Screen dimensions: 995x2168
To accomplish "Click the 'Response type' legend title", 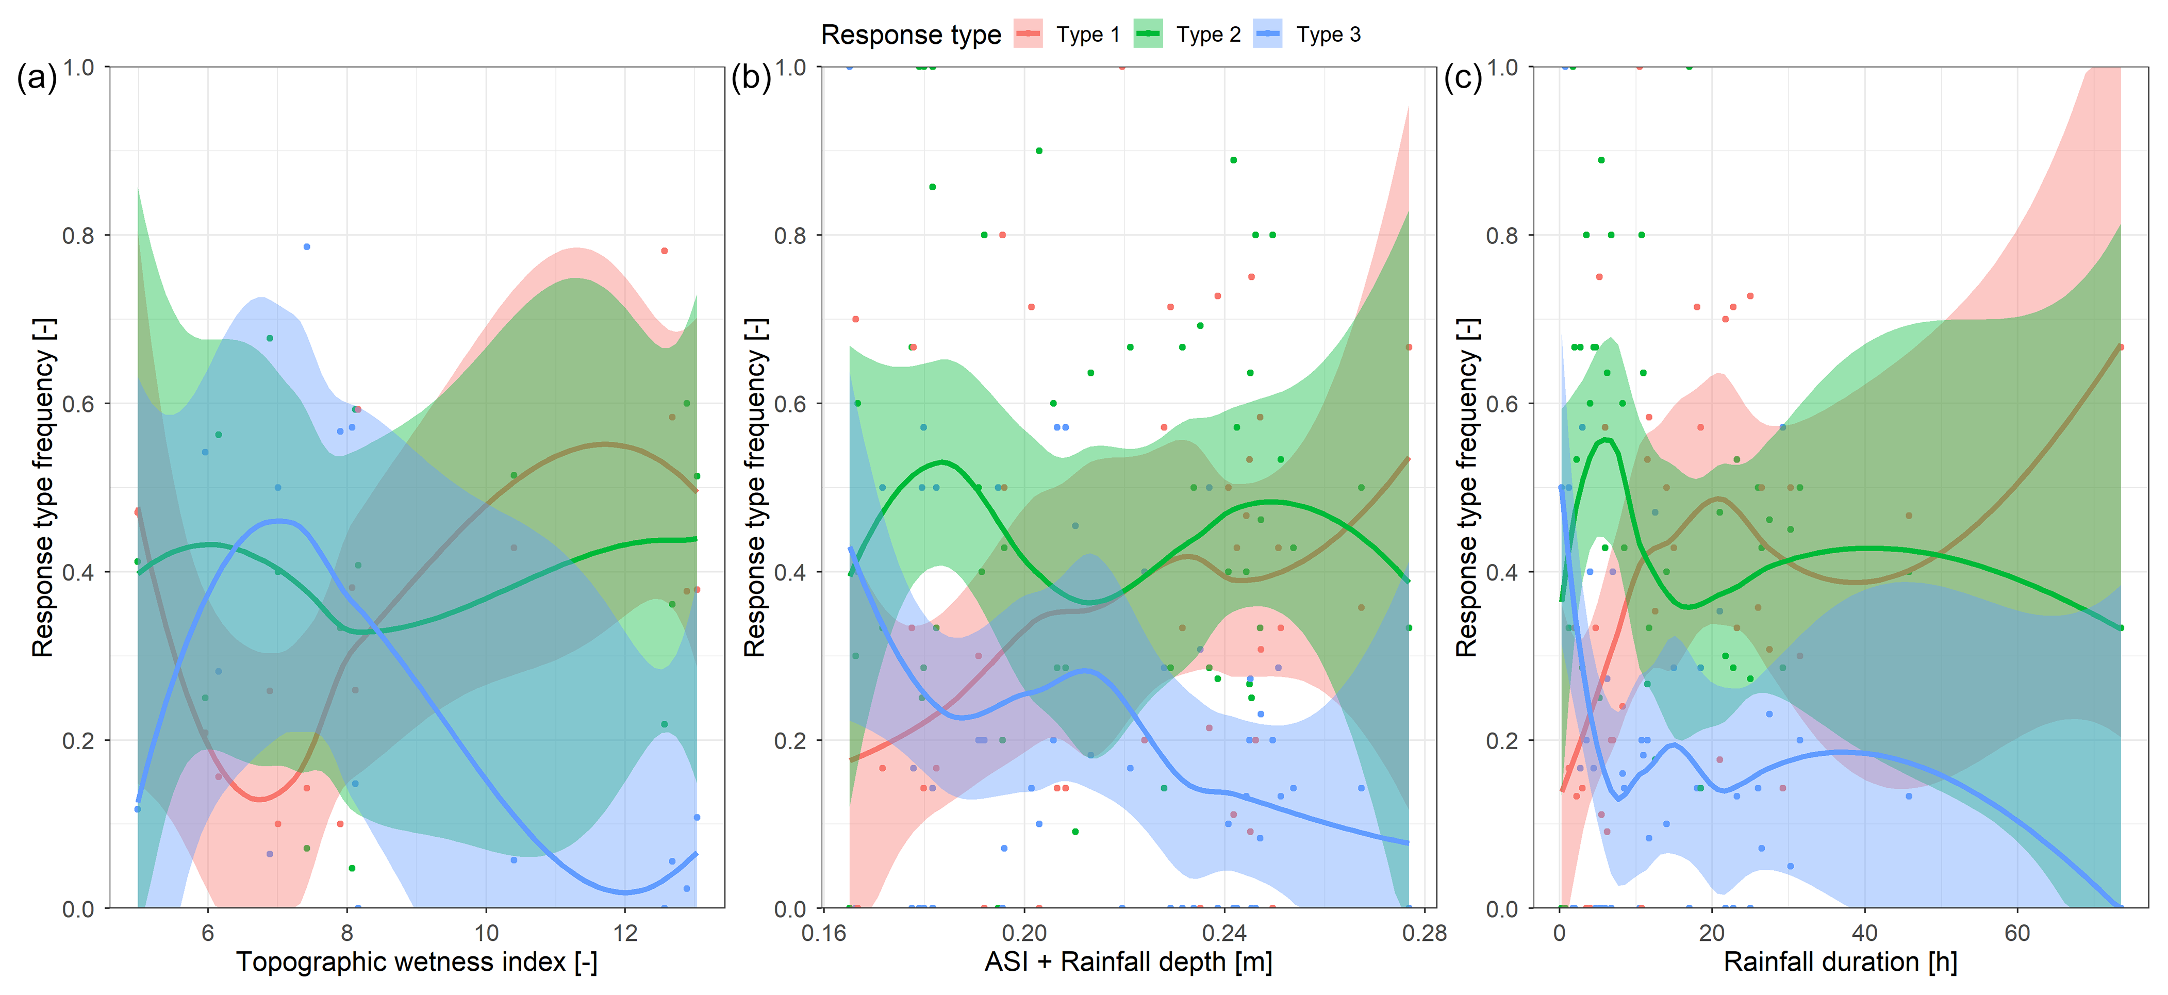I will (911, 35).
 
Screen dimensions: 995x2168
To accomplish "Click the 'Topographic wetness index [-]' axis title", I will (417, 961).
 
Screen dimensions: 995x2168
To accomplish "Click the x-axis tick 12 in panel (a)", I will (625, 933).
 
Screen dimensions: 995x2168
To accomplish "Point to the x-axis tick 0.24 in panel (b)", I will (1224, 933).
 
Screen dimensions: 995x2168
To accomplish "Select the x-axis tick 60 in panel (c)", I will (2017, 933).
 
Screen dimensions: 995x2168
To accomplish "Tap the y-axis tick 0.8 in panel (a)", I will (78, 236).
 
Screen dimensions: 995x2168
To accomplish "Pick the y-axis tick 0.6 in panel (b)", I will (790, 404).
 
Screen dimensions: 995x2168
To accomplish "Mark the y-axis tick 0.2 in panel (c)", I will (1502, 741).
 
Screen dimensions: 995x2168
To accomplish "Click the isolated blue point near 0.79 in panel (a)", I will (307, 246).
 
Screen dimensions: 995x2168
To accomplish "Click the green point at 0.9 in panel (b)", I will (1039, 151).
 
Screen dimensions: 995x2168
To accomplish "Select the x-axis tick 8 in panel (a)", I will (347, 933).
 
